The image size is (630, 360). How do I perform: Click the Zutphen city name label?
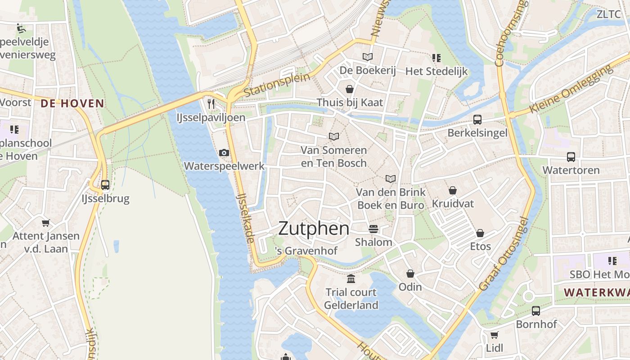(x=314, y=229)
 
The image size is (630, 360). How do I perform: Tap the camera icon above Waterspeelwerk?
(x=224, y=153)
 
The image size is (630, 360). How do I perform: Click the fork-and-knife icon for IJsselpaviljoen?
(x=211, y=104)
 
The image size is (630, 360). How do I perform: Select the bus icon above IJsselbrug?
(x=105, y=184)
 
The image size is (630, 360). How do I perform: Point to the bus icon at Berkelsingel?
(x=477, y=120)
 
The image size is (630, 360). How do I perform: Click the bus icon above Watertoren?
(x=571, y=157)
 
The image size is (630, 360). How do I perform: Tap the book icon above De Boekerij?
(x=368, y=57)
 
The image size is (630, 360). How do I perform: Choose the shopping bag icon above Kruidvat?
(x=452, y=190)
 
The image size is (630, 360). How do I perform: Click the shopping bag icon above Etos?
(x=480, y=233)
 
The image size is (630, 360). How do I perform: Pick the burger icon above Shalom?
(x=373, y=229)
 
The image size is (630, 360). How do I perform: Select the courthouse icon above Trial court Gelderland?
(x=351, y=279)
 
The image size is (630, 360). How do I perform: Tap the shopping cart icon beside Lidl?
(x=494, y=335)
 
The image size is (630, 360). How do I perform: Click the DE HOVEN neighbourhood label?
(x=72, y=103)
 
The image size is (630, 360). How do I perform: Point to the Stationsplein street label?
(x=277, y=85)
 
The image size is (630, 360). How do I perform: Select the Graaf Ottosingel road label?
(x=503, y=255)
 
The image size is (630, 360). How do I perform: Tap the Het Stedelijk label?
(x=436, y=71)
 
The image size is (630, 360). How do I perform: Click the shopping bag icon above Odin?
(x=410, y=274)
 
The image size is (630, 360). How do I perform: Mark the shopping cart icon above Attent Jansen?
(x=45, y=223)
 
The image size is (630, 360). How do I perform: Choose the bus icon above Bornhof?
(x=536, y=310)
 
